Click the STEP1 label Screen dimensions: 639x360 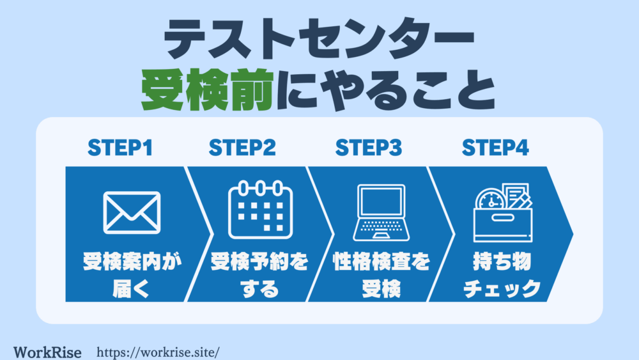coord(120,148)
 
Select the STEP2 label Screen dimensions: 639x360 coord(242,148)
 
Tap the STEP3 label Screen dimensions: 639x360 coord(369,148)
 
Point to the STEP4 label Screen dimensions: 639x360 coord(495,148)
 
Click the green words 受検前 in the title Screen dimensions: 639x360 coord(207,90)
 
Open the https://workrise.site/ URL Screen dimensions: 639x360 coord(158,352)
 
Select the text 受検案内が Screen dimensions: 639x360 coord(132,262)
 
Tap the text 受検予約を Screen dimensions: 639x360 coord(259,262)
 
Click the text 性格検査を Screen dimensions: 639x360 coord(381,262)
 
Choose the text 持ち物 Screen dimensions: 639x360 coord(502,262)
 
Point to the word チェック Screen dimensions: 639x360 coord(502,288)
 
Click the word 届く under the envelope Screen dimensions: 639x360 coord(131,288)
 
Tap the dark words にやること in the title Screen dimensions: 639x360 coord(385,90)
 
